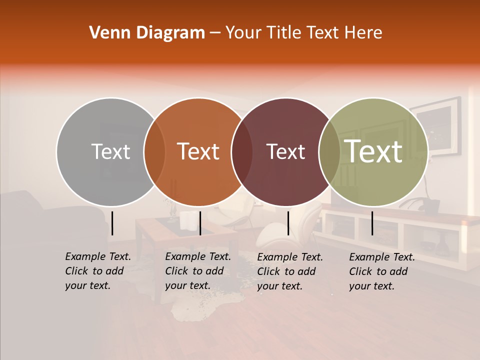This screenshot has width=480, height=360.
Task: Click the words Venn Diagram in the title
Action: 147,33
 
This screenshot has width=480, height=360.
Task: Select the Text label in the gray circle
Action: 110,151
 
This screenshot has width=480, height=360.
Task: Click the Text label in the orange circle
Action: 198,151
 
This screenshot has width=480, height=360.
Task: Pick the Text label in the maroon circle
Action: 286,151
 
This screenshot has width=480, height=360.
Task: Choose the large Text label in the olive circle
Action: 373,151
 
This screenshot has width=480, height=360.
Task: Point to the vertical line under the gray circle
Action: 112,223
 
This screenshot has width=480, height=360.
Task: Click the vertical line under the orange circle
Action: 200,223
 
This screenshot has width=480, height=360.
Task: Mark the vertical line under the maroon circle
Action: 288,223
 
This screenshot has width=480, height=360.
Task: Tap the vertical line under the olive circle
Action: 372,223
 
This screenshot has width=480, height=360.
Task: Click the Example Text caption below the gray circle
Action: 98,271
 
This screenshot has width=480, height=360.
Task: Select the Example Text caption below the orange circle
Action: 198,271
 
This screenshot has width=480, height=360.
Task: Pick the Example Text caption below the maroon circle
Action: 290,271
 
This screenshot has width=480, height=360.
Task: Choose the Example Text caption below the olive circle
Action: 382,271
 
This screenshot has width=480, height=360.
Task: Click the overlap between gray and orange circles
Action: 154,151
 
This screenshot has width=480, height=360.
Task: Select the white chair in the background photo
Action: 305,225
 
